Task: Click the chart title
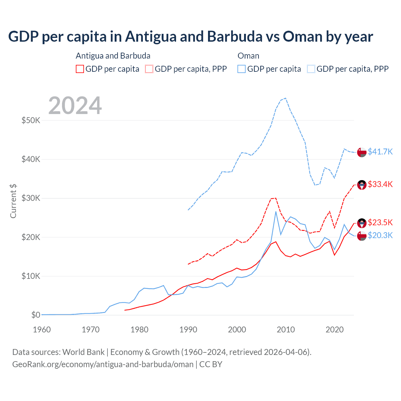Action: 190,36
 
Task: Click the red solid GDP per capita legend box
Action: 80,69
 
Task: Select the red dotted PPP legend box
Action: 149,69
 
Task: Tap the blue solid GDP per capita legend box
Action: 242,69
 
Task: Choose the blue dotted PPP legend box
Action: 311,69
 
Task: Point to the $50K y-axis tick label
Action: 31,120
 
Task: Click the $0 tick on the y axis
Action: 36,315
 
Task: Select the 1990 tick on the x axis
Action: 188,330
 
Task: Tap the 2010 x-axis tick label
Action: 286,330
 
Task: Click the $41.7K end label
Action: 380,152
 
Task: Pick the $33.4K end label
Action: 380,184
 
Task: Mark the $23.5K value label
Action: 380,222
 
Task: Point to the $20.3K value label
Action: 380,235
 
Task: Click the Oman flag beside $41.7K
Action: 362,152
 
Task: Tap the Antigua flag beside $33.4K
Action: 362,185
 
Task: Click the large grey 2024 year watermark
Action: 75,106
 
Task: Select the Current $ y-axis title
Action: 13,201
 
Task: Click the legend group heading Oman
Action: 248,56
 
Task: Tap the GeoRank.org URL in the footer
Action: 103,364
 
